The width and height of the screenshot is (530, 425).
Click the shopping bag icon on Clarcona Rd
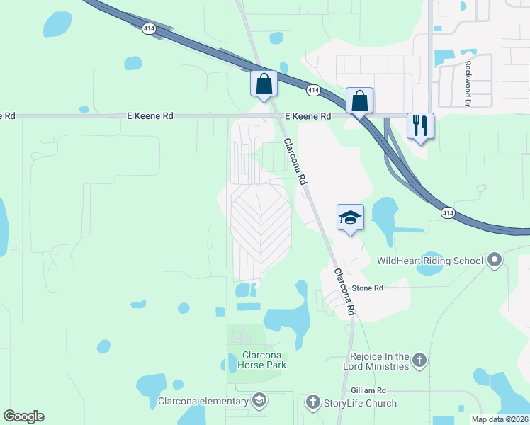(264, 84)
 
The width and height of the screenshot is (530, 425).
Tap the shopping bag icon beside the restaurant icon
(360, 100)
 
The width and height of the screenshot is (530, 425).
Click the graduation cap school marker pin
(351, 217)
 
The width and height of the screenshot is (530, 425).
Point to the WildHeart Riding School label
(430, 261)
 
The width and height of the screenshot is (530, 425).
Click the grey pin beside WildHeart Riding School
(495, 261)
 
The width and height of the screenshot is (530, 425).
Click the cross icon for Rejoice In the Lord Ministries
(419, 361)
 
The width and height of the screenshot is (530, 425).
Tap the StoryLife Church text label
(361, 403)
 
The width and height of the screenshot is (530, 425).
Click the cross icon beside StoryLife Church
(312, 402)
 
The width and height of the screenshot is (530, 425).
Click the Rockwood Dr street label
(468, 78)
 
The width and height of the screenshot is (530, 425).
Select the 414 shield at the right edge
(448, 212)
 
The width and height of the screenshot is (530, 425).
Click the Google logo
(23, 416)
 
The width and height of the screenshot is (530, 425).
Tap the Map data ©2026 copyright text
(500, 419)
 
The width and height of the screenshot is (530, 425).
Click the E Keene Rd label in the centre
(308, 116)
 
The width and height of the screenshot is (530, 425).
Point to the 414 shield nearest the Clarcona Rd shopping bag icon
(314, 91)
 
